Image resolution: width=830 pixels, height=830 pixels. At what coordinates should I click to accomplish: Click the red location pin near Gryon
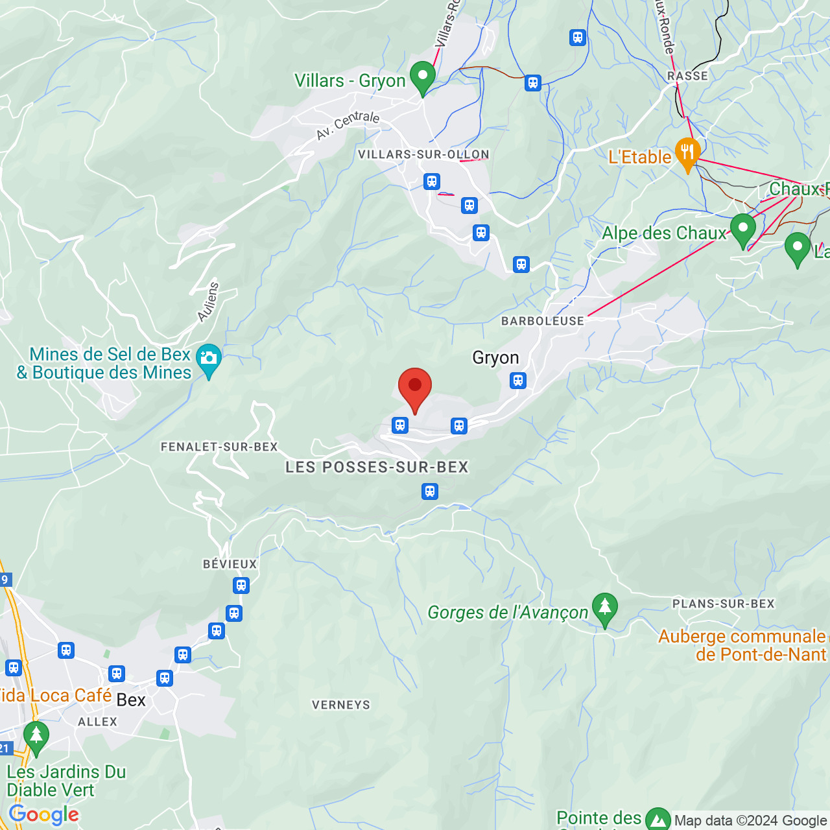coord(414,388)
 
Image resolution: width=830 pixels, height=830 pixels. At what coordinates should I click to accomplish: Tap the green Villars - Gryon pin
coord(423,78)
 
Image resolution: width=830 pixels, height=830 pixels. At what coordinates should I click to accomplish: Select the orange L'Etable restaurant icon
coord(687,154)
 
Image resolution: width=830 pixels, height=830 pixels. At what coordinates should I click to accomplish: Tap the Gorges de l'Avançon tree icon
coord(604,608)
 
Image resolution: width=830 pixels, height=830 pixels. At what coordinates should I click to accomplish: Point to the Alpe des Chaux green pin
coord(742,230)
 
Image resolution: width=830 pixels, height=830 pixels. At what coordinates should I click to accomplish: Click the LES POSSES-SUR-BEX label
coord(377,467)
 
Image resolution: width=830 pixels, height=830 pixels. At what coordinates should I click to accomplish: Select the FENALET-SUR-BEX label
coord(219,447)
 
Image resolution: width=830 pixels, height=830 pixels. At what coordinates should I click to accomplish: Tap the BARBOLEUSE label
coord(543,321)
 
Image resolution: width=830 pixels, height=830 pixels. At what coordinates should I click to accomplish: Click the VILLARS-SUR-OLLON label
coord(423,154)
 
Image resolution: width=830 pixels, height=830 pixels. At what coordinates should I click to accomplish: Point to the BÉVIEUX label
coord(230,564)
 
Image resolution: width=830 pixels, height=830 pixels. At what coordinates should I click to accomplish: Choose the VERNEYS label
coord(341,705)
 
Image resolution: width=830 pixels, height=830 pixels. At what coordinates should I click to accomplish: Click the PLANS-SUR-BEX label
coord(723,604)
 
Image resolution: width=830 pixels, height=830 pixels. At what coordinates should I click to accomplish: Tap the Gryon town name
coord(495,357)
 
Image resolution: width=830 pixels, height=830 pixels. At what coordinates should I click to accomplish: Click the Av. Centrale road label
coord(348,125)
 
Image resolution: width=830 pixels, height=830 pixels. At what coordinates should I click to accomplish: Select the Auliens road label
coord(208,302)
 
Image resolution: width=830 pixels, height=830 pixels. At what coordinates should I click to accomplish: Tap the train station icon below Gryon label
coord(517,381)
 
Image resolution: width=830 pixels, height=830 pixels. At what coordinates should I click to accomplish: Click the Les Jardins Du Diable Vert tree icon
coord(36,737)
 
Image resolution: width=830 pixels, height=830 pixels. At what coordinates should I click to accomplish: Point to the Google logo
coord(44,814)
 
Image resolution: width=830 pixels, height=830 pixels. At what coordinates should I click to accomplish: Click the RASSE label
coord(687,76)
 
